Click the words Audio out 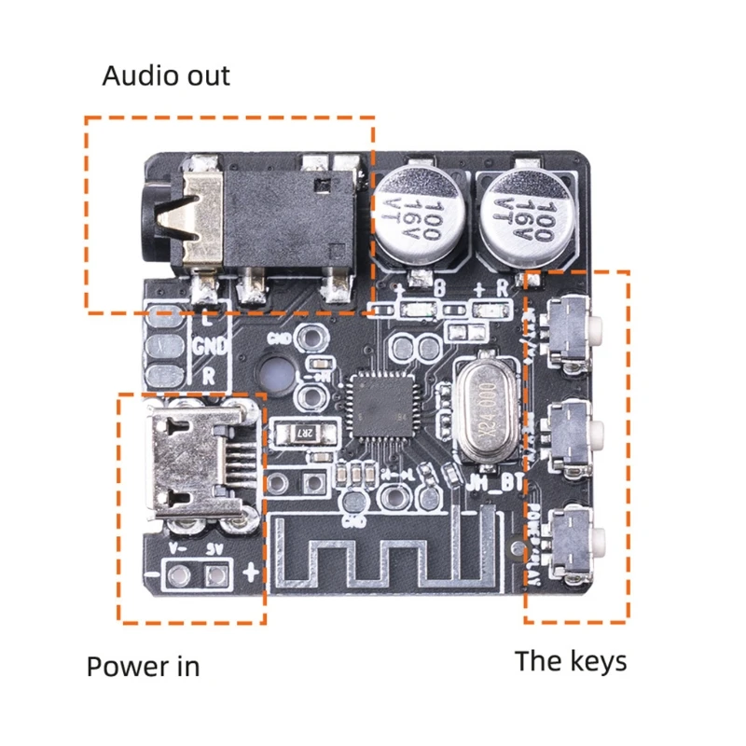pyautogui.click(x=165, y=76)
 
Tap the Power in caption pyautogui.click(x=143, y=667)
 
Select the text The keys pyautogui.click(x=571, y=661)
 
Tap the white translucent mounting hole pyautogui.click(x=277, y=375)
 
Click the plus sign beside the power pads pyautogui.click(x=249, y=571)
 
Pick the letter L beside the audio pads pyautogui.click(x=207, y=319)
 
